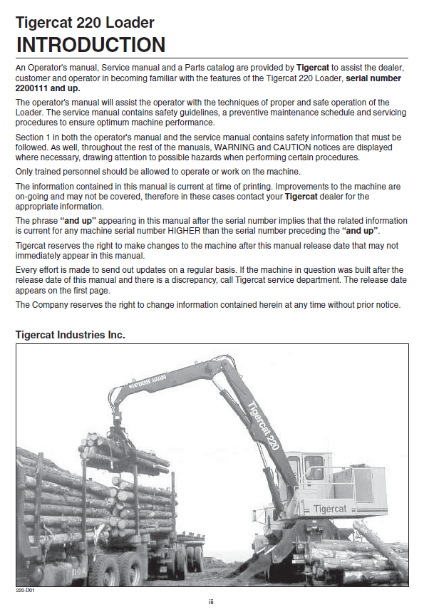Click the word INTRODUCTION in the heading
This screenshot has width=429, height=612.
91,44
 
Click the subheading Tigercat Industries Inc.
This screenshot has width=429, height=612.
71,334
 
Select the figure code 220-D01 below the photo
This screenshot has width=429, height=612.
26,591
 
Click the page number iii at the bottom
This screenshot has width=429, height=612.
212,602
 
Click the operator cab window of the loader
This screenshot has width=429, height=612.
314,471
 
